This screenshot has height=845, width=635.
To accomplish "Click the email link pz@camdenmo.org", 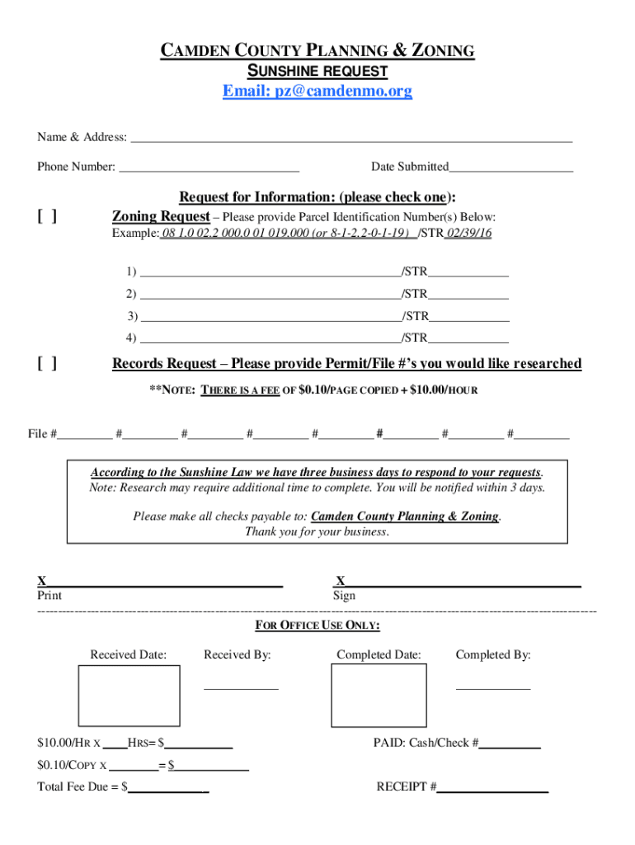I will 317,92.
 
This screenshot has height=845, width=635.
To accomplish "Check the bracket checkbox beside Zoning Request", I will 47,217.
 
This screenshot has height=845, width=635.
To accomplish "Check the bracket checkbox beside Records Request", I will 47,364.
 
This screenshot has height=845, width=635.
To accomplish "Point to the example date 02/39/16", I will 468,234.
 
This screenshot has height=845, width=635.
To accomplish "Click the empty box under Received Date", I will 128,695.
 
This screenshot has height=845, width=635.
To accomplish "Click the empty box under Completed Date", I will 379,695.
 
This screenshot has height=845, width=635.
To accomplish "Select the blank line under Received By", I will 241,686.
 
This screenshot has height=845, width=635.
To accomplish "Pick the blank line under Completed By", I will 493,686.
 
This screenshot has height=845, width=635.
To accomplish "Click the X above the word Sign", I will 340,581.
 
